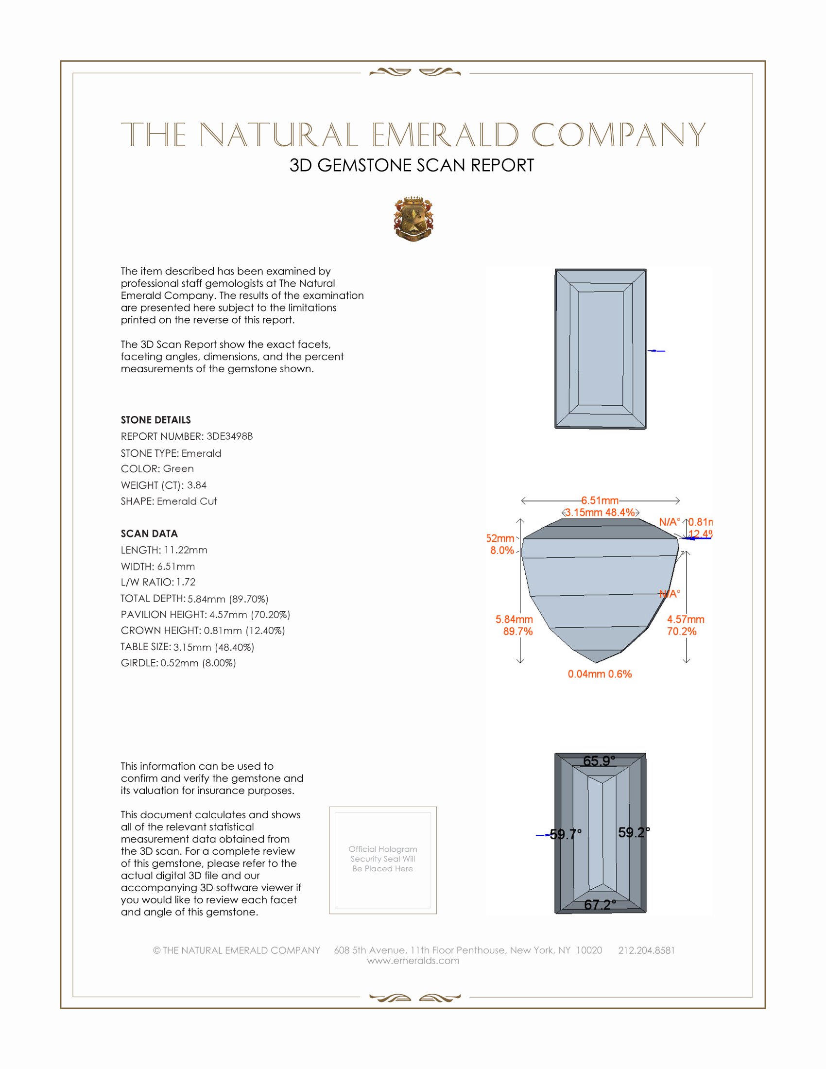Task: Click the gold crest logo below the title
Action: pos(413,219)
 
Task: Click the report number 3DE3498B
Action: pos(229,436)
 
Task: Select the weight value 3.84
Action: pos(197,485)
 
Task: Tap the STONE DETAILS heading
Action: pos(155,420)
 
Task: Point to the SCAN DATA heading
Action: pos(149,534)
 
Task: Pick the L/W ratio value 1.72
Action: pos(186,582)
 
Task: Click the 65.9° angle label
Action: pos(599,761)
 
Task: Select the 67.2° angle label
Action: pos(600,905)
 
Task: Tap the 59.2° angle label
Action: pos(634,832)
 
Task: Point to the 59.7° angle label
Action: pos(566,834)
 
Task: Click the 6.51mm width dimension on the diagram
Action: pos(600,500)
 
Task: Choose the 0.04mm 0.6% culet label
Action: pos(600,674)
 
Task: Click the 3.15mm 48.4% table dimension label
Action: pos(600,513)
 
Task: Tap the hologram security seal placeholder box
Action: pos(383,860)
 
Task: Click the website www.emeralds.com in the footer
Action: pos(413,960)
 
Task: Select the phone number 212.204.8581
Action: pos(646,950)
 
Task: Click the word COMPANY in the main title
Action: pos(619,135)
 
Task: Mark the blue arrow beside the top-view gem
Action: pos(656,351)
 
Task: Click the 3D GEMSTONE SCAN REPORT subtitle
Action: pos(412,165)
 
